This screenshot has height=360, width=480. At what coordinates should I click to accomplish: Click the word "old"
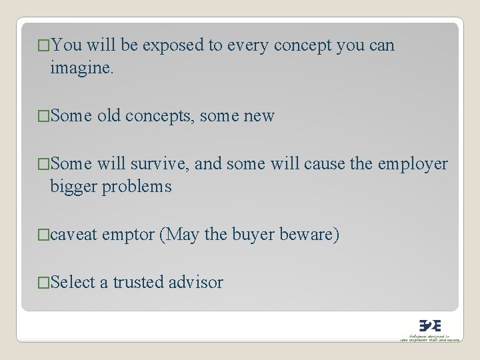point(111,116)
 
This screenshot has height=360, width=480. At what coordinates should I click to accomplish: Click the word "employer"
point(413,164)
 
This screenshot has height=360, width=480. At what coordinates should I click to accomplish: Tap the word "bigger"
point(73,187)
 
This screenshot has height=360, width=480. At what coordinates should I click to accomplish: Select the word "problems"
point(137,187)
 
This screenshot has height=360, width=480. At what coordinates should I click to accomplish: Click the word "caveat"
point(74,235)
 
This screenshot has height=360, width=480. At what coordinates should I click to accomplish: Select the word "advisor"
point(196,283)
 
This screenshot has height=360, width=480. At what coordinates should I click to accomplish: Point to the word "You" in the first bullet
point(65,46)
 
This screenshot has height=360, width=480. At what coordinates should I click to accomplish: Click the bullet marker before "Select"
point(43,283)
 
